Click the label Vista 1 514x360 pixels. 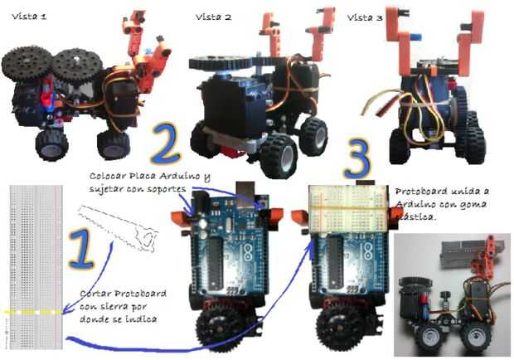(29, 16)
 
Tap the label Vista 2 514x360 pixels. (213, 17)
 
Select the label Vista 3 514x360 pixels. (365, 17)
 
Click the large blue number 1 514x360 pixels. (80, 249)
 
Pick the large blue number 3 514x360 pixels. (357, 159)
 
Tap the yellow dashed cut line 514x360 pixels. (33, 313)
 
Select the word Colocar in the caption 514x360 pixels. (107, 176)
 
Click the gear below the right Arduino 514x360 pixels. (338, 327)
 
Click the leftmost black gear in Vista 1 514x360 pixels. (27, 64)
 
